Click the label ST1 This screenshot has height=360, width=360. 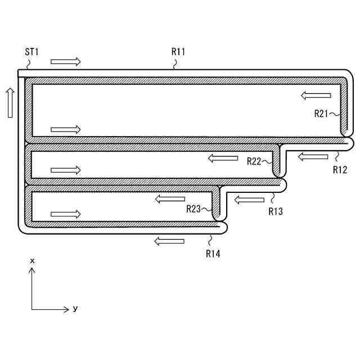31,52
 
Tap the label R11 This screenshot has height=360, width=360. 178,52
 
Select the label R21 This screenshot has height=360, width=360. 321,113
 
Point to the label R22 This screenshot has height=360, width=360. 254,161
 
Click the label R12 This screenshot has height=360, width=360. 340,169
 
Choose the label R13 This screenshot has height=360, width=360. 276,211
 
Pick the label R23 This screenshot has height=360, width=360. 194,209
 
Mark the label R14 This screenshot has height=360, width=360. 213,254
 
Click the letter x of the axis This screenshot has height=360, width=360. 33,261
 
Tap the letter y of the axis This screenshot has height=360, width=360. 75,309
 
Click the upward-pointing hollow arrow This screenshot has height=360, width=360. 10,102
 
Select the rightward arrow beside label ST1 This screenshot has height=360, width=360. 65,61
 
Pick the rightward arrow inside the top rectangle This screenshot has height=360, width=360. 65,129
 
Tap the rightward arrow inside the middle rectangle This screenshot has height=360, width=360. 65,169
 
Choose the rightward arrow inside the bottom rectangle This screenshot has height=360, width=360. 65,214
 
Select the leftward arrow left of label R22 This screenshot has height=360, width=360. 223,159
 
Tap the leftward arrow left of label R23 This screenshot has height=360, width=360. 170,199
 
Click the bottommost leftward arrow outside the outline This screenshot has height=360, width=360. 169,241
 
